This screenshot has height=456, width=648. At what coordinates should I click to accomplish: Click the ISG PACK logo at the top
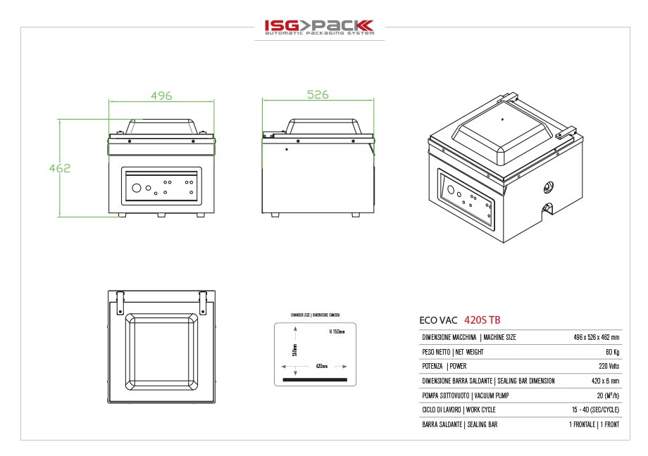click(319, 27)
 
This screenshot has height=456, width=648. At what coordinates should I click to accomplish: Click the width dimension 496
click(161, 96)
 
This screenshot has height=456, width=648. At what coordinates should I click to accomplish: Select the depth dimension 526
click(318, 95)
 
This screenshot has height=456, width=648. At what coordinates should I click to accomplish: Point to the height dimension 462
click(60, 168)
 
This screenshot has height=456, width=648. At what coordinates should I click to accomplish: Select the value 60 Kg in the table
click(611, 352)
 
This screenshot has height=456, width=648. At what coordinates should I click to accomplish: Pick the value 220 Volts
click(609, 367)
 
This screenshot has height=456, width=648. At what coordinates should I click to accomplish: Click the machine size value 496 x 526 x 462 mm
click(596, 338)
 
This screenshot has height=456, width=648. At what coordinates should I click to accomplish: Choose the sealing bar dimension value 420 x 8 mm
click(604, 381)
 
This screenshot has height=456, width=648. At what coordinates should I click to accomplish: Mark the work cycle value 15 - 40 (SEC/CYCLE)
click(595, 410)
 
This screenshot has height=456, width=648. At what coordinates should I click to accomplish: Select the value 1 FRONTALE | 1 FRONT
click(594, 425)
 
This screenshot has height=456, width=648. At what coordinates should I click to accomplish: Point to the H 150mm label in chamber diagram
click(337, 331)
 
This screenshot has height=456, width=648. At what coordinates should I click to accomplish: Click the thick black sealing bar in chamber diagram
click(315, 380)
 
